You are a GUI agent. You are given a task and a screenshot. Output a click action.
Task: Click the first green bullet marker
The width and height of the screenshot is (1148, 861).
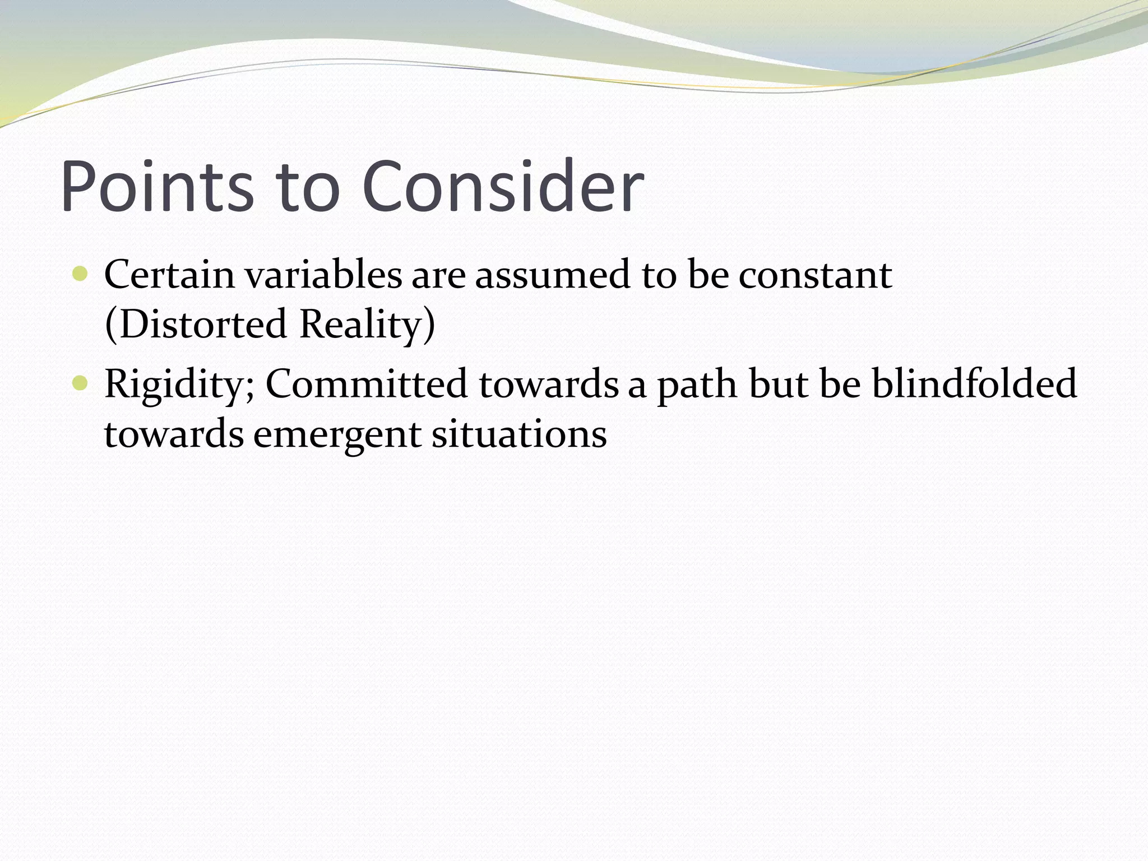(81, 275)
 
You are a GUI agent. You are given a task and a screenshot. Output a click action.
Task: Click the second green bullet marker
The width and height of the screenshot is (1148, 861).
(81, 383)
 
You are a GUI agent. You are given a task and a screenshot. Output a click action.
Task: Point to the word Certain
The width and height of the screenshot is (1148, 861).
(169, 275)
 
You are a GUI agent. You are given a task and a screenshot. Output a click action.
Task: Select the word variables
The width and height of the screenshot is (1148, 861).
(323, 275)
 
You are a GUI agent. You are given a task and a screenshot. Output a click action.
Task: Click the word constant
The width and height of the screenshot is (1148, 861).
(814, 276)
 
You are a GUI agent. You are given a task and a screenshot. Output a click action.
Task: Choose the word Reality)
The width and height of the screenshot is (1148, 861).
(367, 325)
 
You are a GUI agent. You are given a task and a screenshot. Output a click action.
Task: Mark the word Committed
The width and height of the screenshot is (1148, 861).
(366, 383)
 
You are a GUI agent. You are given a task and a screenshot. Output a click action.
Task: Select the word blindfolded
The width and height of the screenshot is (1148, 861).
(974, 383)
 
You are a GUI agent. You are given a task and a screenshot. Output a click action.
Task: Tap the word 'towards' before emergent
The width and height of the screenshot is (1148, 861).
(174, 434)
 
